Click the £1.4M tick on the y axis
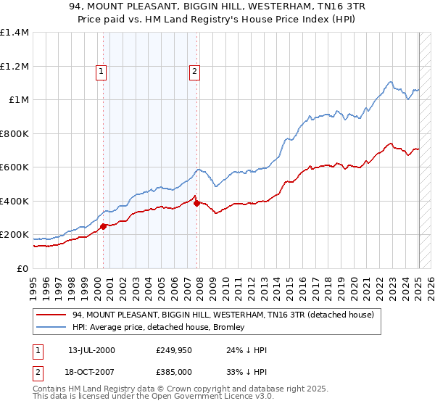pyautogui.click(x=14, y=33)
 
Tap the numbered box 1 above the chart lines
pyautogui.click(x=100, y=71)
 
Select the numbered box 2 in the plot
pyautogui.click(x=195, y=71)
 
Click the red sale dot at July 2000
pyautogui.click(x=103, y=226)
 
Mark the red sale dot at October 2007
pyautogui.click(x=197, y=203)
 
